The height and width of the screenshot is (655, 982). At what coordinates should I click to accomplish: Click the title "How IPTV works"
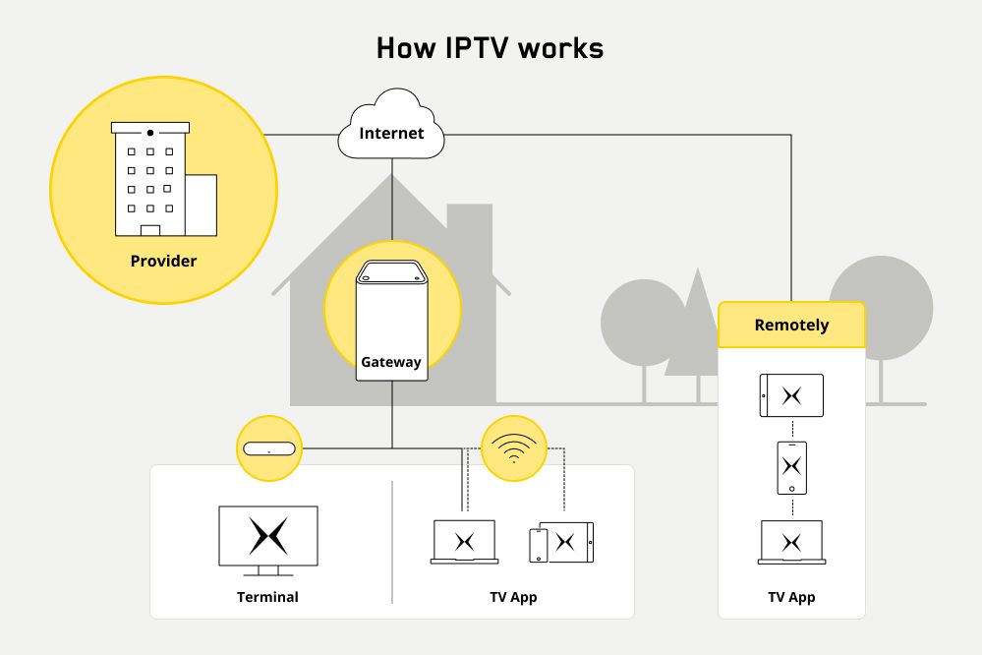pos(491,48)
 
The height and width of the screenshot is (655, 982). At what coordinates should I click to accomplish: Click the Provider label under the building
pos(163,262)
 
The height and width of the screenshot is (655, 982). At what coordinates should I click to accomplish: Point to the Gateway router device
pos(390,320)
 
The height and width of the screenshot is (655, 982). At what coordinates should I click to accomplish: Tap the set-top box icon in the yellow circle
pos(269,449)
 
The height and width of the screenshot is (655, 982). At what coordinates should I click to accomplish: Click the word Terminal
pos(267,597)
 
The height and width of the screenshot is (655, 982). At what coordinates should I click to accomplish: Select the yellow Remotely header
pos(791,326)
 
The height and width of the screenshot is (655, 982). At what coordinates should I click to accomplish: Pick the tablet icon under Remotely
pos(791,395)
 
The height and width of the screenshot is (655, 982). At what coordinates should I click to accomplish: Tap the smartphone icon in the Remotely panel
pos(791,468)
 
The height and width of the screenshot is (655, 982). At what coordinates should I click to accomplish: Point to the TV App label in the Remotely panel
pos(791,597)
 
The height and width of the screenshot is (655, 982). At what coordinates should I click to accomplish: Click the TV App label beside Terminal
pos(513,597)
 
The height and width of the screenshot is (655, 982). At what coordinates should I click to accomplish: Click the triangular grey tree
pos(699,325)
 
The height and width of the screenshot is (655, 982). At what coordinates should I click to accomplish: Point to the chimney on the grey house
pos(469,231)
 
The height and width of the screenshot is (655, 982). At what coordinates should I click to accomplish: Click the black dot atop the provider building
pos(150,133)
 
